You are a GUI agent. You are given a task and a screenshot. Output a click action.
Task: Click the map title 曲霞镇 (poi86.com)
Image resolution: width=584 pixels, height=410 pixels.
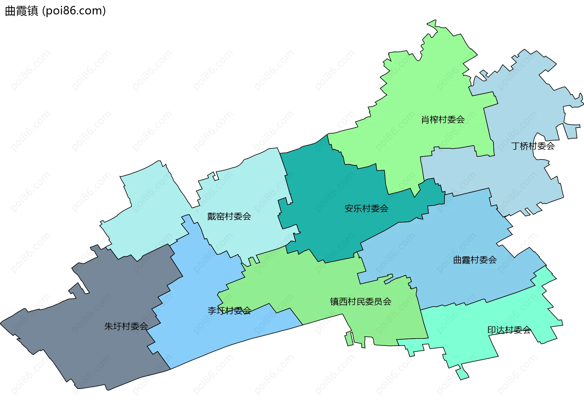click(x=55, y=11)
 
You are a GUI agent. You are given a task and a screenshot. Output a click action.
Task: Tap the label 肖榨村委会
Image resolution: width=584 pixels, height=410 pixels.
click(x=443, y=120)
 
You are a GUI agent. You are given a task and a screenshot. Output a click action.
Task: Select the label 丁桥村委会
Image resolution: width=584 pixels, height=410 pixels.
click(x=533, y=146)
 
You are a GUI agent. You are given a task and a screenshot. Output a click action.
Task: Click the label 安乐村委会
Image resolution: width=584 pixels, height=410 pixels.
click(x=366, y=209)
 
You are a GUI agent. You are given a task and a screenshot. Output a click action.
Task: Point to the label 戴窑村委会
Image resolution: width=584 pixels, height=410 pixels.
click(x=229, y=216)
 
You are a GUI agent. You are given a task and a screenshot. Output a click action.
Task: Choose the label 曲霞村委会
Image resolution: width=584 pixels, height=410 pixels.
click(x=475, y=260)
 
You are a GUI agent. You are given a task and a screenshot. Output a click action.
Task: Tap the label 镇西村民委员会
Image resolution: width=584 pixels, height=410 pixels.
click(x=360, y=302)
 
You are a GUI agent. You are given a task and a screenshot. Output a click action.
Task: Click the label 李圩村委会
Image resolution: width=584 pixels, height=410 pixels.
click(x=229, y=310)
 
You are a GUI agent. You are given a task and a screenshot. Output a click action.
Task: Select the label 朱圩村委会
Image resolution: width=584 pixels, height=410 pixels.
click(x=126, y=326)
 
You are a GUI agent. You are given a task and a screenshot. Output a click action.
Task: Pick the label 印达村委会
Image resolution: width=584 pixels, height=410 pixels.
click(x=509, y=330)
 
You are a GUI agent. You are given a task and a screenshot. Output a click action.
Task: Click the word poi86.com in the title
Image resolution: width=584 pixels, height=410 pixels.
click(x=74, y=11)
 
